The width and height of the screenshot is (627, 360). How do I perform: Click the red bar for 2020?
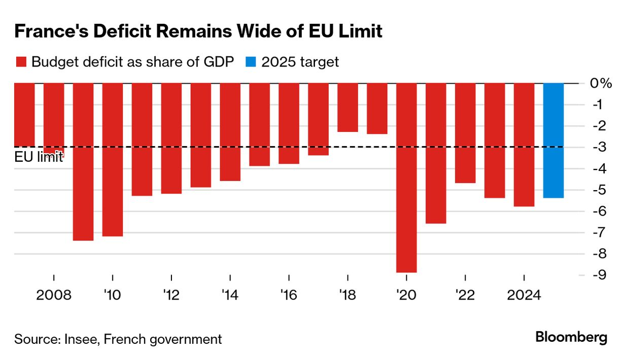(406, 177)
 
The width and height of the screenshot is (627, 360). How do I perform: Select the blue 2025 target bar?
(553, 140)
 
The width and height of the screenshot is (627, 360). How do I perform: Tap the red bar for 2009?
(83, 161)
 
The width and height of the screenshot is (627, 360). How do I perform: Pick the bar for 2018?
(347, 107)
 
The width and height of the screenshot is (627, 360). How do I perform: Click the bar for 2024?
(524, 145)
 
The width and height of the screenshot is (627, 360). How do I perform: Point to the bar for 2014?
(230, 132)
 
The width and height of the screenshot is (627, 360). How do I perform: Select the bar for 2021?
(436, 153)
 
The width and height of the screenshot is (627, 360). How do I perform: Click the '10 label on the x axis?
(112, 295)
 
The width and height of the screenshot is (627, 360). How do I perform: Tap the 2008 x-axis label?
(53, 295)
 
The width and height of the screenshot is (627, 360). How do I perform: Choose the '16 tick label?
(288, 295)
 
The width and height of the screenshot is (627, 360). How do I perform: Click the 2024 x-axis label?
(524, 295)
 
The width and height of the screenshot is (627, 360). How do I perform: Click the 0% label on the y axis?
(600, 84)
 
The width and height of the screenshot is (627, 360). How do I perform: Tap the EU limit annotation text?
(38, 157)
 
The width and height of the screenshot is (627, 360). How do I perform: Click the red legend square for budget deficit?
(21, 62)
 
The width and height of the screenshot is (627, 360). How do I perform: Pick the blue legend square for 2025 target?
(251, 62)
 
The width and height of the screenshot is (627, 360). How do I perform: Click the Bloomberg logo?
(571, 338)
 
